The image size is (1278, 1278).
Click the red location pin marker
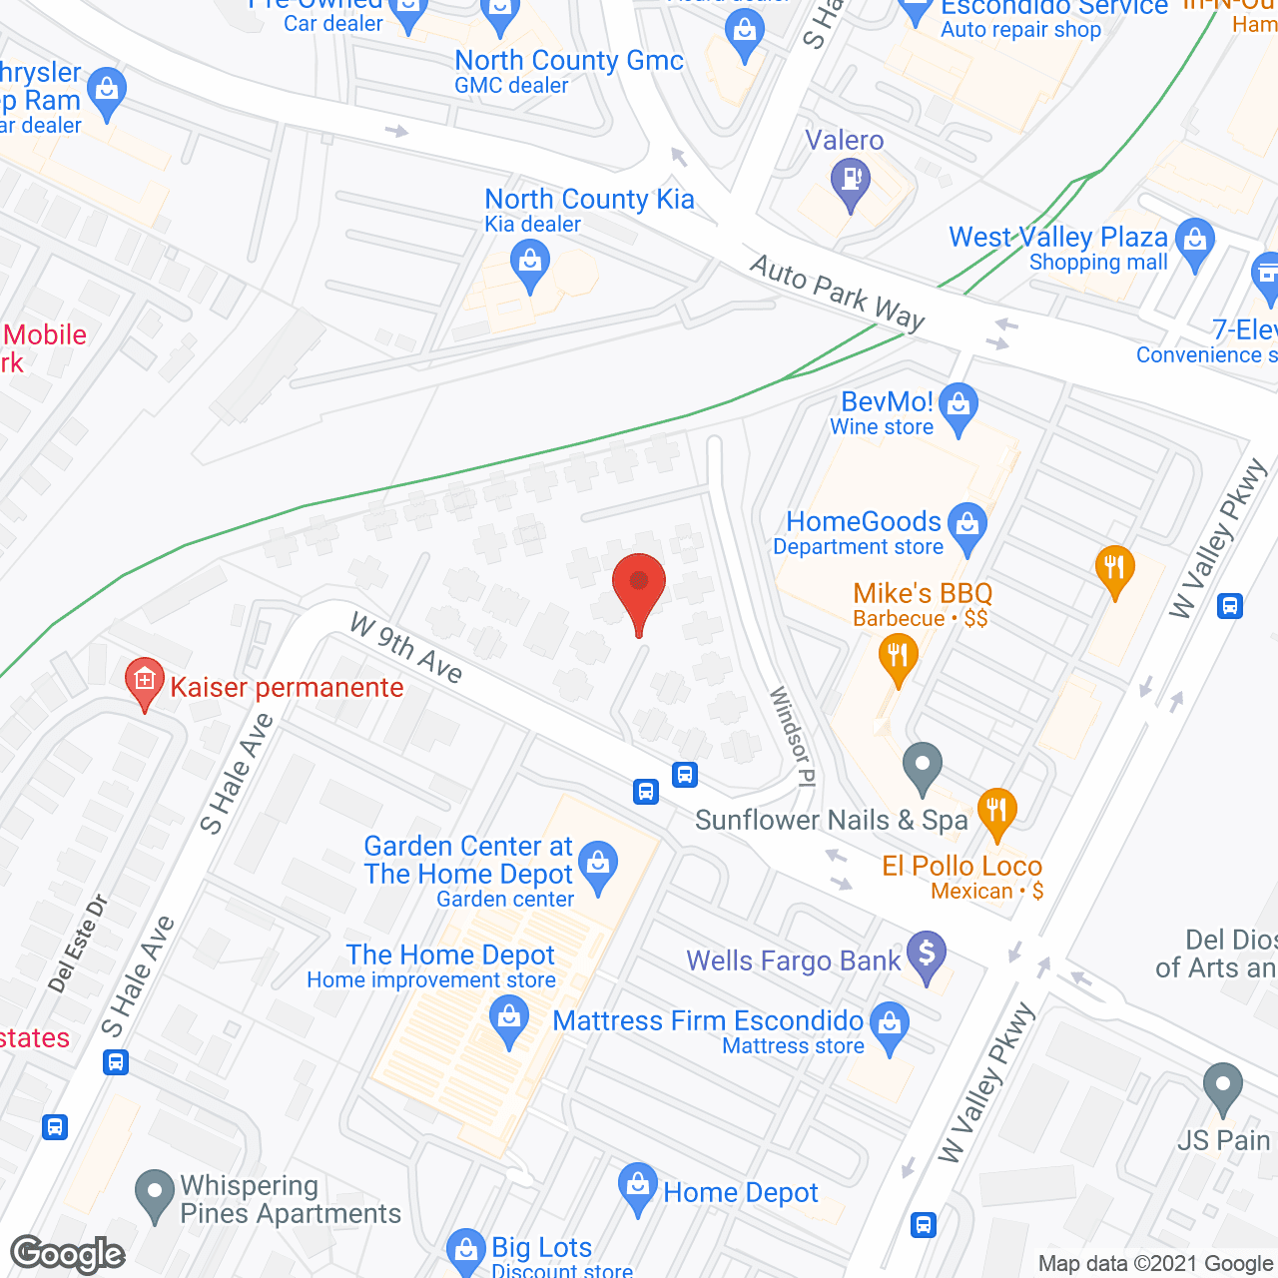(639, 589)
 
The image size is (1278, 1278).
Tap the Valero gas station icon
(851, 182)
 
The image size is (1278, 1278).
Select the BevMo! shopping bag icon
(958, 405)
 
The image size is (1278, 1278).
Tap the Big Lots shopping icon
(464, 1249)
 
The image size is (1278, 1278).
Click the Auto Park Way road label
(838, 293)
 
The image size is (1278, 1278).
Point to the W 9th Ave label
(406, 649)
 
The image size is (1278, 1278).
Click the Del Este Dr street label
(78, 944)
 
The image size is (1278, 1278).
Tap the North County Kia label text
(589, 200)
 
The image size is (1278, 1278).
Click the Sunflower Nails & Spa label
(832, 821)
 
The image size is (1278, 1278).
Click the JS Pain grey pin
(1222, 1087)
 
